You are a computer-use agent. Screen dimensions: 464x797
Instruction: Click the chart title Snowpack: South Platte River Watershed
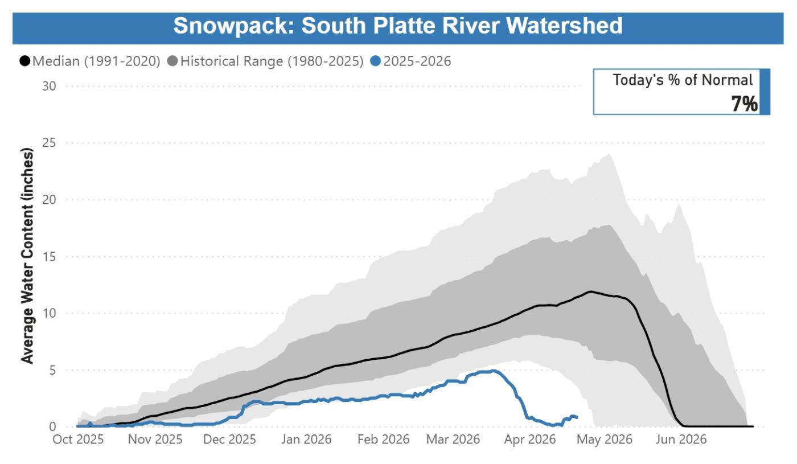pyautogui.click(x=397, y=26)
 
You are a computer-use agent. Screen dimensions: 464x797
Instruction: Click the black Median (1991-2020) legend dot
pyautogui.click(x=25, y=61)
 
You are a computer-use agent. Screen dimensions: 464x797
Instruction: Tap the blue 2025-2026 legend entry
pyautogui.click(x=411, y=61)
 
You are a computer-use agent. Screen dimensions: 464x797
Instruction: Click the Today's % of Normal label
pyautogui.click(x=683, y=80)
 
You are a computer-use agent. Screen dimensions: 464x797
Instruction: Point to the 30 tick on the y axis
pyautogui.click(x=49, y=86)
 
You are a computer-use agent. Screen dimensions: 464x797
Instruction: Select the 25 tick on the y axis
pyautogui.click(x=49, y=143)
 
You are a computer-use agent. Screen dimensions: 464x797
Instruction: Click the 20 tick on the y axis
pyautogui.click(x=49, y=200)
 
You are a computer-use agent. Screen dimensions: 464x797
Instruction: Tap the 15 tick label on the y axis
pyautogui.click(x=49, y=257)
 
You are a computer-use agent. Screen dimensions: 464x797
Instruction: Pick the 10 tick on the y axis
pyautogui.click(x=49, y=313)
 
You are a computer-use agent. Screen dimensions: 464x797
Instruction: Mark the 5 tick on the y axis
pyautogui.click(x=52, y=370)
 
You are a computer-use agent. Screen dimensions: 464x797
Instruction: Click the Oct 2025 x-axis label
pyautogui.click(x=78, y=440)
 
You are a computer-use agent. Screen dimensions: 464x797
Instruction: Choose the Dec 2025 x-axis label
pyautogui.click(x=230, y=440)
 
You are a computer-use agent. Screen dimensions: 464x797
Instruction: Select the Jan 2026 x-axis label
pyautogui.click(x=306, y=440)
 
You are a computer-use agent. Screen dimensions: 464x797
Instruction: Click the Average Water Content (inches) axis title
pyautogui.click(x=27, y=255)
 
